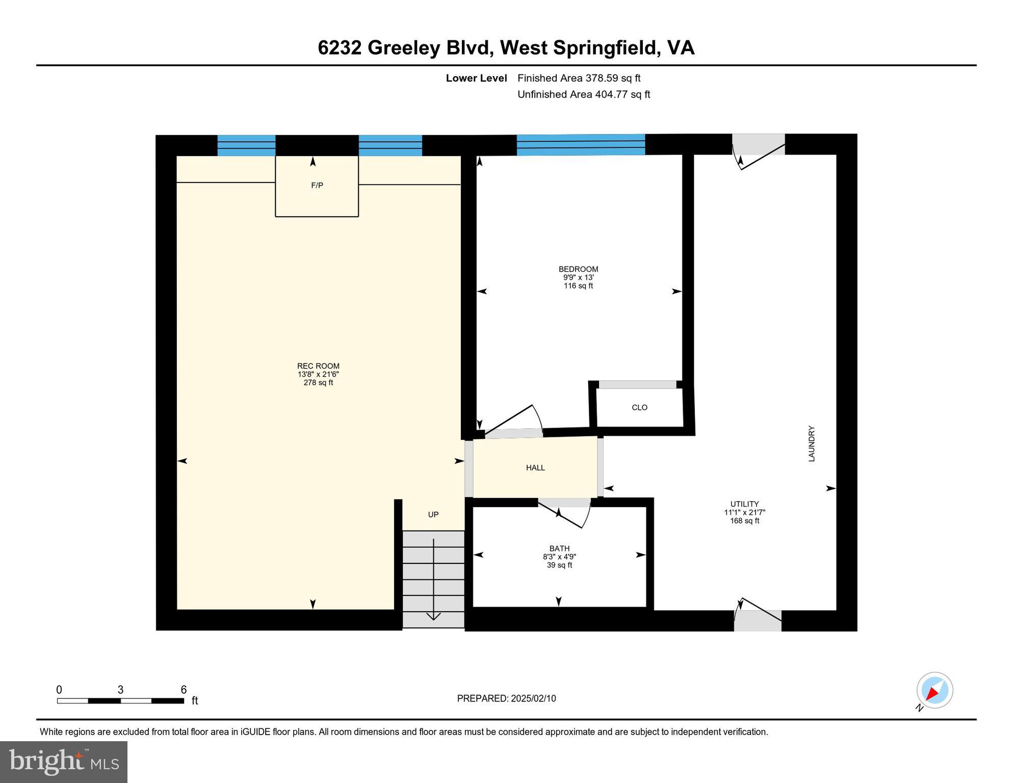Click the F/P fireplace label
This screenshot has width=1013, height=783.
point(317,186)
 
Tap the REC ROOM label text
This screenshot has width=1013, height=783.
point(318,366)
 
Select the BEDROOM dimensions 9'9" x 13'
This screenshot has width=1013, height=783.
point(578,277)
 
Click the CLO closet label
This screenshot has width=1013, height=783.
point(639,407)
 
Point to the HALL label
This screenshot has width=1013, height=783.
point(535,467)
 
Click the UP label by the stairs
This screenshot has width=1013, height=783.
point(433,514)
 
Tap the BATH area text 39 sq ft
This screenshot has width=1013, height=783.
point(559,565)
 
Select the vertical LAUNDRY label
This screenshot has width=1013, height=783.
point(812,443)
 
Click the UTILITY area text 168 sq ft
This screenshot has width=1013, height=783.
point(744,521)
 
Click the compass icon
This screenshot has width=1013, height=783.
point(934,690)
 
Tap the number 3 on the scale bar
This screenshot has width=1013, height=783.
point(120,690)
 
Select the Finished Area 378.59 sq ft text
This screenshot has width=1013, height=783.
point(579,78)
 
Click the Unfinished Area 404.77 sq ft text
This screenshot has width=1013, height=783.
point(584,94)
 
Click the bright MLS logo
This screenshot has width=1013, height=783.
point(64,762)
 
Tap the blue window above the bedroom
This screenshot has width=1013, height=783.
point(581,145)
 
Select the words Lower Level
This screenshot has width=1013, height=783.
point(476,78)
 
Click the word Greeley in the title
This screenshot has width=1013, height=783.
point(404,48)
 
